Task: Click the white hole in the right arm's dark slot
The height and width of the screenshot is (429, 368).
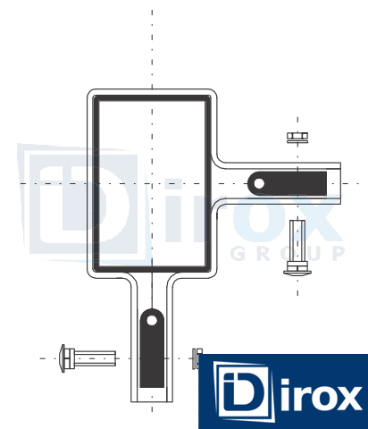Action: tap(259, 183)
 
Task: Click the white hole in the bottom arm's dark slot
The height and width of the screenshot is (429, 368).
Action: tap(152, 321)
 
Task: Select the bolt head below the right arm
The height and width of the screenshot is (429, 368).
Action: tap(297, 268)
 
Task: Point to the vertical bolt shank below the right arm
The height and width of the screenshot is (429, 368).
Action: tap(297, 240)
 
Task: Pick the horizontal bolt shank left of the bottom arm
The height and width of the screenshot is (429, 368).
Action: tap(95, 358)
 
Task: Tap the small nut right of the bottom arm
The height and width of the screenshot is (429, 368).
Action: tap(197, 358)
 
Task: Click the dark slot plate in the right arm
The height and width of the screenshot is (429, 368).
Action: tap(288, 183)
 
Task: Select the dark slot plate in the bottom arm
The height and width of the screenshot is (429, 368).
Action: tap(152, 348)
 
